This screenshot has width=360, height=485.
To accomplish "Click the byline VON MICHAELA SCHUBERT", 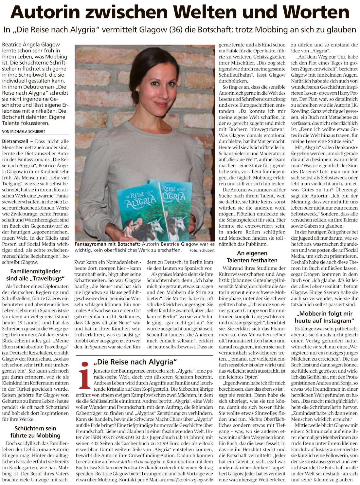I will (24, 132).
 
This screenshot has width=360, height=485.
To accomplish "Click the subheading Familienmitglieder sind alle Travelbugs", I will (35, 275).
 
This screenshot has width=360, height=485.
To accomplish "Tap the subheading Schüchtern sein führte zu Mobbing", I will (35, 432).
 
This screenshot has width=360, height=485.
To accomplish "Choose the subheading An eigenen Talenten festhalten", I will (252, 257).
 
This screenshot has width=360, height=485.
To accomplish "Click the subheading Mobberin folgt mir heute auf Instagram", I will (324, 317).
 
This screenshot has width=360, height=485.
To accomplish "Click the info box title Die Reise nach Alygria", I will (135, 362).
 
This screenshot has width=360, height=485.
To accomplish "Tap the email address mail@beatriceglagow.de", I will (190, 480).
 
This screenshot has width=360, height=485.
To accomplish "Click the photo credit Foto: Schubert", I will (202, 251).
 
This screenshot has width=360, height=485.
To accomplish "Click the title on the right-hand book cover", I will (173, 193).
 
